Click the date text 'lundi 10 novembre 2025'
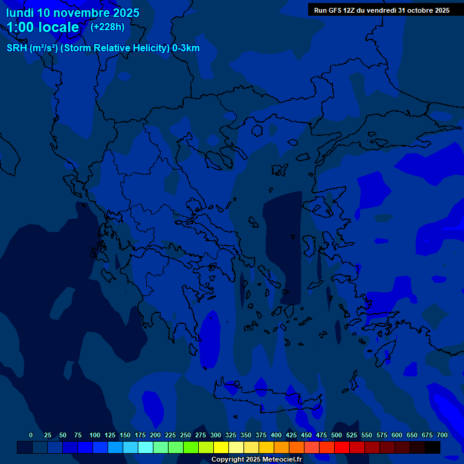[72, 13]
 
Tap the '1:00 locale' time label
[43, 27]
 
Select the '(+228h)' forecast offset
[107, 27]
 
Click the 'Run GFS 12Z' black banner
[381, 10]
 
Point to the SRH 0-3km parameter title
[103, 48]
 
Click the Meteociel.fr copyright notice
[256, 459]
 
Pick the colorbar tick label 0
[31, 435]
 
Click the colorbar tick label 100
[95, 435]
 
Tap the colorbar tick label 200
[155, 435]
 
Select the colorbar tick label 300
[216, 435]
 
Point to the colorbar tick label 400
[276, 435]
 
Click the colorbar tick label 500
[337, 435]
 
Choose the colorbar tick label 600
[397, 435]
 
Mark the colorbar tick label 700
[442, 435]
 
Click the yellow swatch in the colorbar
[221, 447]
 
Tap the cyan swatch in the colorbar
[146, 447]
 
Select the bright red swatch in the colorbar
[342, 447]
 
